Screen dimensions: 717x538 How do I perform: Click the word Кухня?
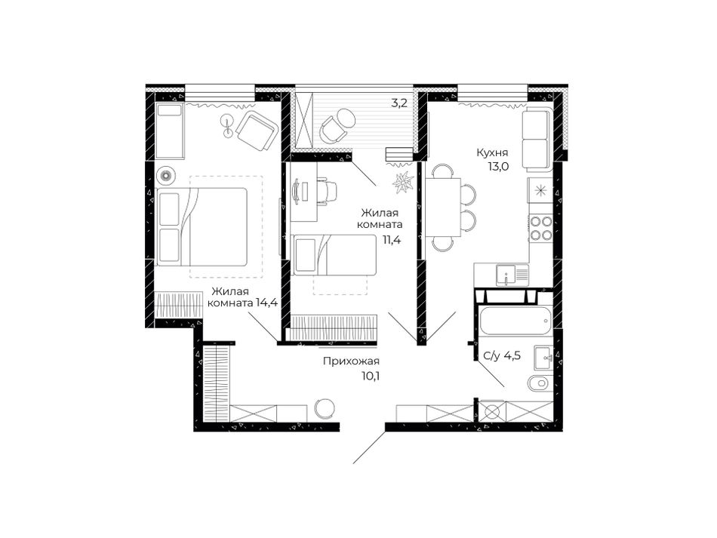click(492, 152)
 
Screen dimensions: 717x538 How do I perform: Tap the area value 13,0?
click(498, 167)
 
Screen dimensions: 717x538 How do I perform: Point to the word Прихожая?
click(351, 361)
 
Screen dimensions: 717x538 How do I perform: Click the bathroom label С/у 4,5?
click(502, 355)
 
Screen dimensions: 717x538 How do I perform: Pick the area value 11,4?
click(392, 239)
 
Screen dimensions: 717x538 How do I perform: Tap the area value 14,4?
click(267, 302)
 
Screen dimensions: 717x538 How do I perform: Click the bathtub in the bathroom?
click(515, 321)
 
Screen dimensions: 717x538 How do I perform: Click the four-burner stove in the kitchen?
click(540, 229)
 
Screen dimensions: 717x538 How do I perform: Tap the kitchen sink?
click(506, 275)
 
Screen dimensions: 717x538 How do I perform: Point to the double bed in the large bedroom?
click(202, 226)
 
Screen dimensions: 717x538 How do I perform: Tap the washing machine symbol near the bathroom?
click(492, 412)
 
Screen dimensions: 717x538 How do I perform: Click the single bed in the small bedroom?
click(334, 255)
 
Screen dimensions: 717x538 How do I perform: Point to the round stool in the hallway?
click(325, 407)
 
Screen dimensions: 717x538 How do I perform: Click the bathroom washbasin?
click(543, 358)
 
